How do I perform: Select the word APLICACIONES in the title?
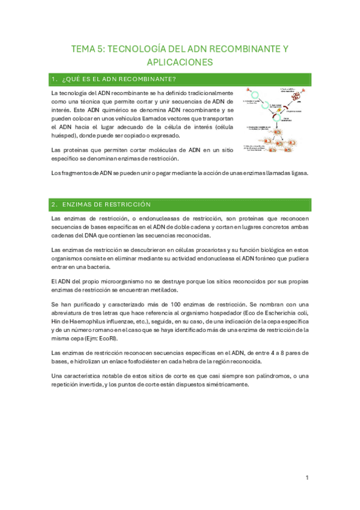pyautogui.click(x=180, y=62)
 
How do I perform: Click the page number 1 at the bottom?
pyautogui.click(x=307, y=478)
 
